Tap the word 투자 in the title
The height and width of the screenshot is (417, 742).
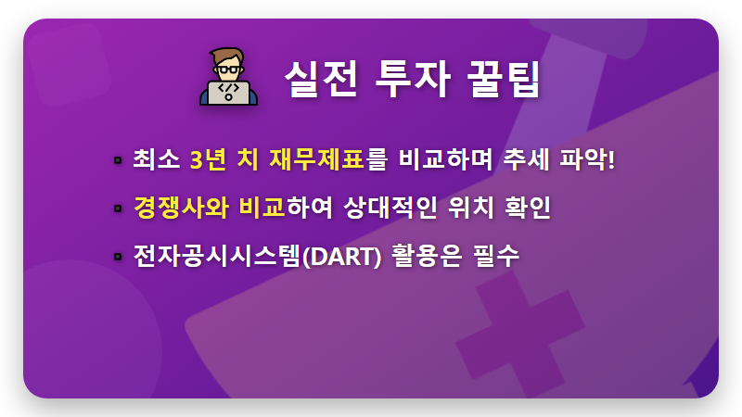[x=410, y=80]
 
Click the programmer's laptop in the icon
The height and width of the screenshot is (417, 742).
[x=228, y=94]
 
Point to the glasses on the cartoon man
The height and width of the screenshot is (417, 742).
[x=228, y=69]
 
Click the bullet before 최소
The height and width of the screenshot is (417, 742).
[x=118, y=160]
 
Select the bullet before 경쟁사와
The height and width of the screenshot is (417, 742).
[x=118, y=208]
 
